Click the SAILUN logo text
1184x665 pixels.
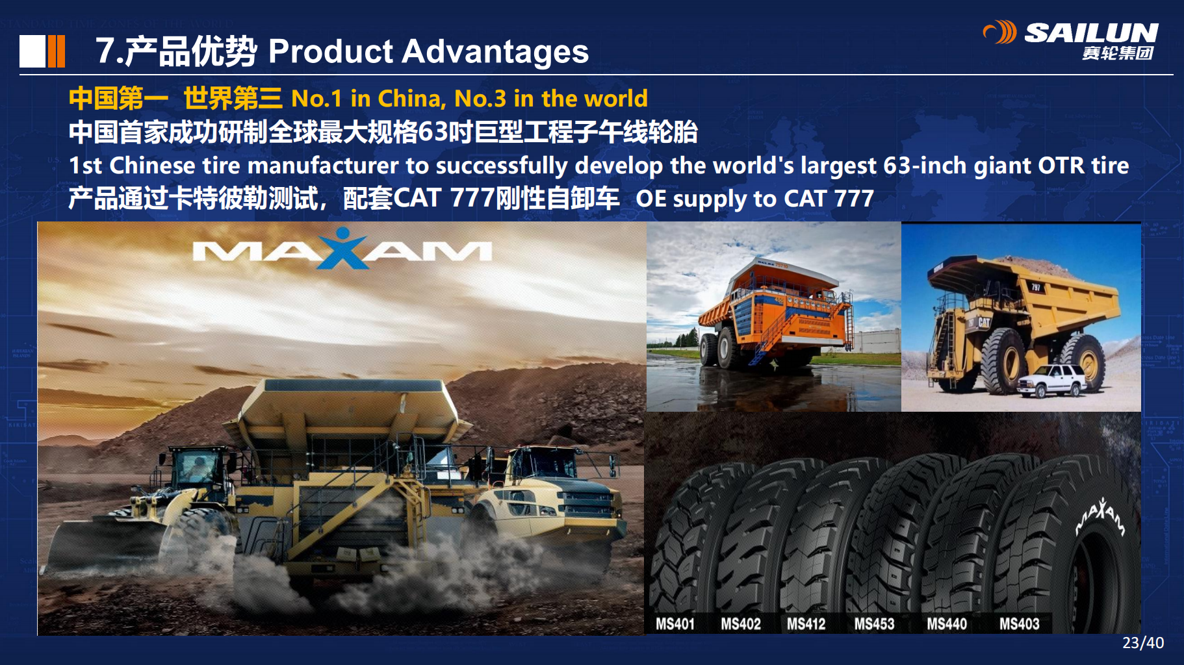click(1091, 32)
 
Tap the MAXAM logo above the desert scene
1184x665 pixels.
click(342, 249)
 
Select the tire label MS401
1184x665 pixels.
click(675, 624)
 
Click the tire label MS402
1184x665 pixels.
click(740, 624)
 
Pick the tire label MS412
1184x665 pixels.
click(806, 624)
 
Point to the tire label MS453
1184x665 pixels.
click(874, 624)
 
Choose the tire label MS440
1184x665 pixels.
click(947, 624)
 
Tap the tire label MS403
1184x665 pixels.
click(1019, 624)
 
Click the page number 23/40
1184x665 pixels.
click(1143, 643)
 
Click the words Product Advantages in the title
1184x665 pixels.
click(428, 51)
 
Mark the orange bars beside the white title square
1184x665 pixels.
click(57, 51)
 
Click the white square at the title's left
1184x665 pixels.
click(32, 51)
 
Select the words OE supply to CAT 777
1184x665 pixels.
click(754, 199)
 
